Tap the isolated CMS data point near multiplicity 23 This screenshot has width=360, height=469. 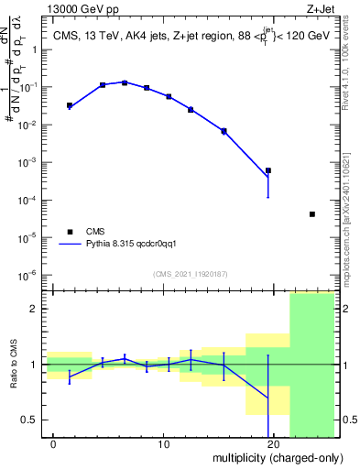312,214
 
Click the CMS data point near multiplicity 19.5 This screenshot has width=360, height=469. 268,170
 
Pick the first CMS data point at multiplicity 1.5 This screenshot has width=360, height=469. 70,105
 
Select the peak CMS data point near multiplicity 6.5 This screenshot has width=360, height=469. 125,82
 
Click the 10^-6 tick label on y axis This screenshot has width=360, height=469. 31,275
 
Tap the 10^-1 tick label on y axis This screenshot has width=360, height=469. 31,87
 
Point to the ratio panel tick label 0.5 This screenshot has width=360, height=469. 28,420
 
